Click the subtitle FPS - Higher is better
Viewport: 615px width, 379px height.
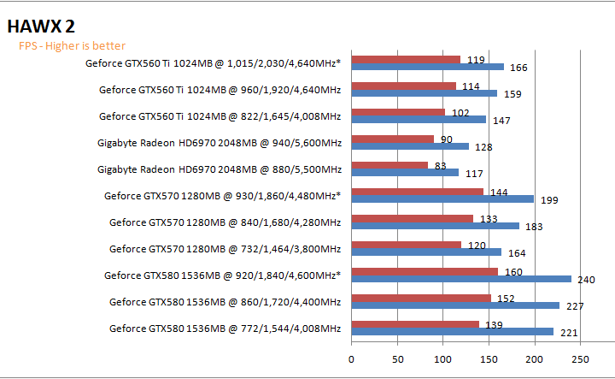coord(73,46)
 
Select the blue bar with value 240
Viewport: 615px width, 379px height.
coord(461,279)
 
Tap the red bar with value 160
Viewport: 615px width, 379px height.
coord(425,272)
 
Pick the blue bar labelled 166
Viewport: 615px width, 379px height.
coord(427,67)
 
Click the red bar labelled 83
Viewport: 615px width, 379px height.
coord(389,166)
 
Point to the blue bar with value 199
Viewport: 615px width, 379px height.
coord(442,199)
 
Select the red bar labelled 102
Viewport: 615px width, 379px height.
coord(398,113)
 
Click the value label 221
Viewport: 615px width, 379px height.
coord(569,333)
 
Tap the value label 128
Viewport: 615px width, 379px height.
coord(483,147)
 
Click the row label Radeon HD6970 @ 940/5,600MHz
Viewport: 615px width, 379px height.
coord(220,143)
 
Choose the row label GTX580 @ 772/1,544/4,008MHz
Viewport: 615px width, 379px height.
coord(225,329)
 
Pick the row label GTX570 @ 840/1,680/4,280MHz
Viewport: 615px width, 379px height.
coord(225,222)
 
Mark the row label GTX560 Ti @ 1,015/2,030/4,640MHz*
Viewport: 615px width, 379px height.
coord(213,62)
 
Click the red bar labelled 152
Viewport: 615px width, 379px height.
coord(421,299)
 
